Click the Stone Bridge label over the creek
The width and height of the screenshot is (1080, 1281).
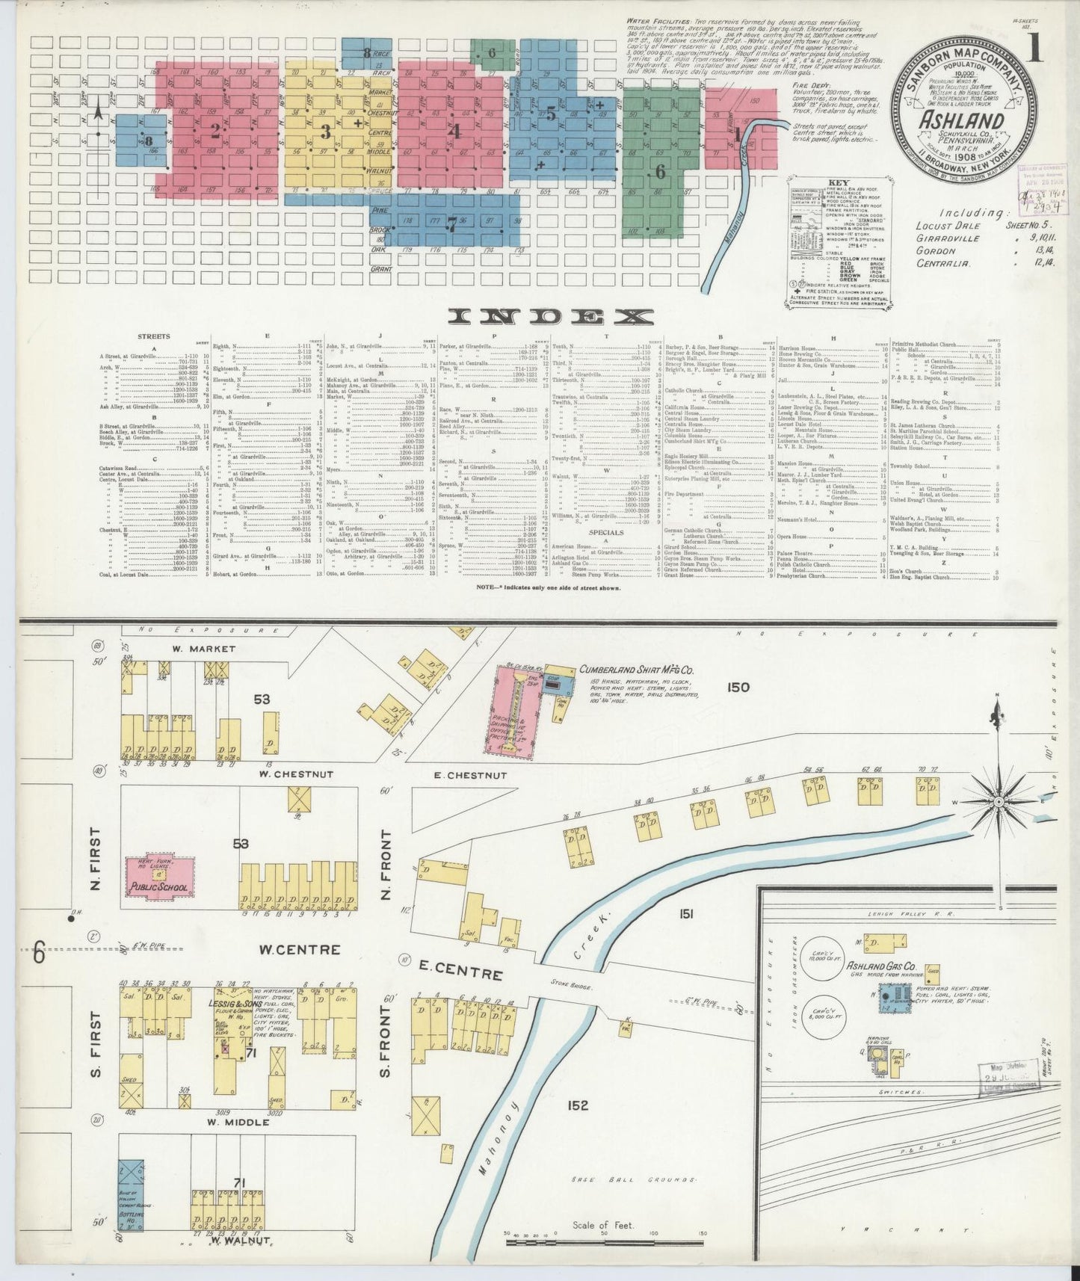[571, 987]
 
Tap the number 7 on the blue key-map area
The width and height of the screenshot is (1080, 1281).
[451, 222]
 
